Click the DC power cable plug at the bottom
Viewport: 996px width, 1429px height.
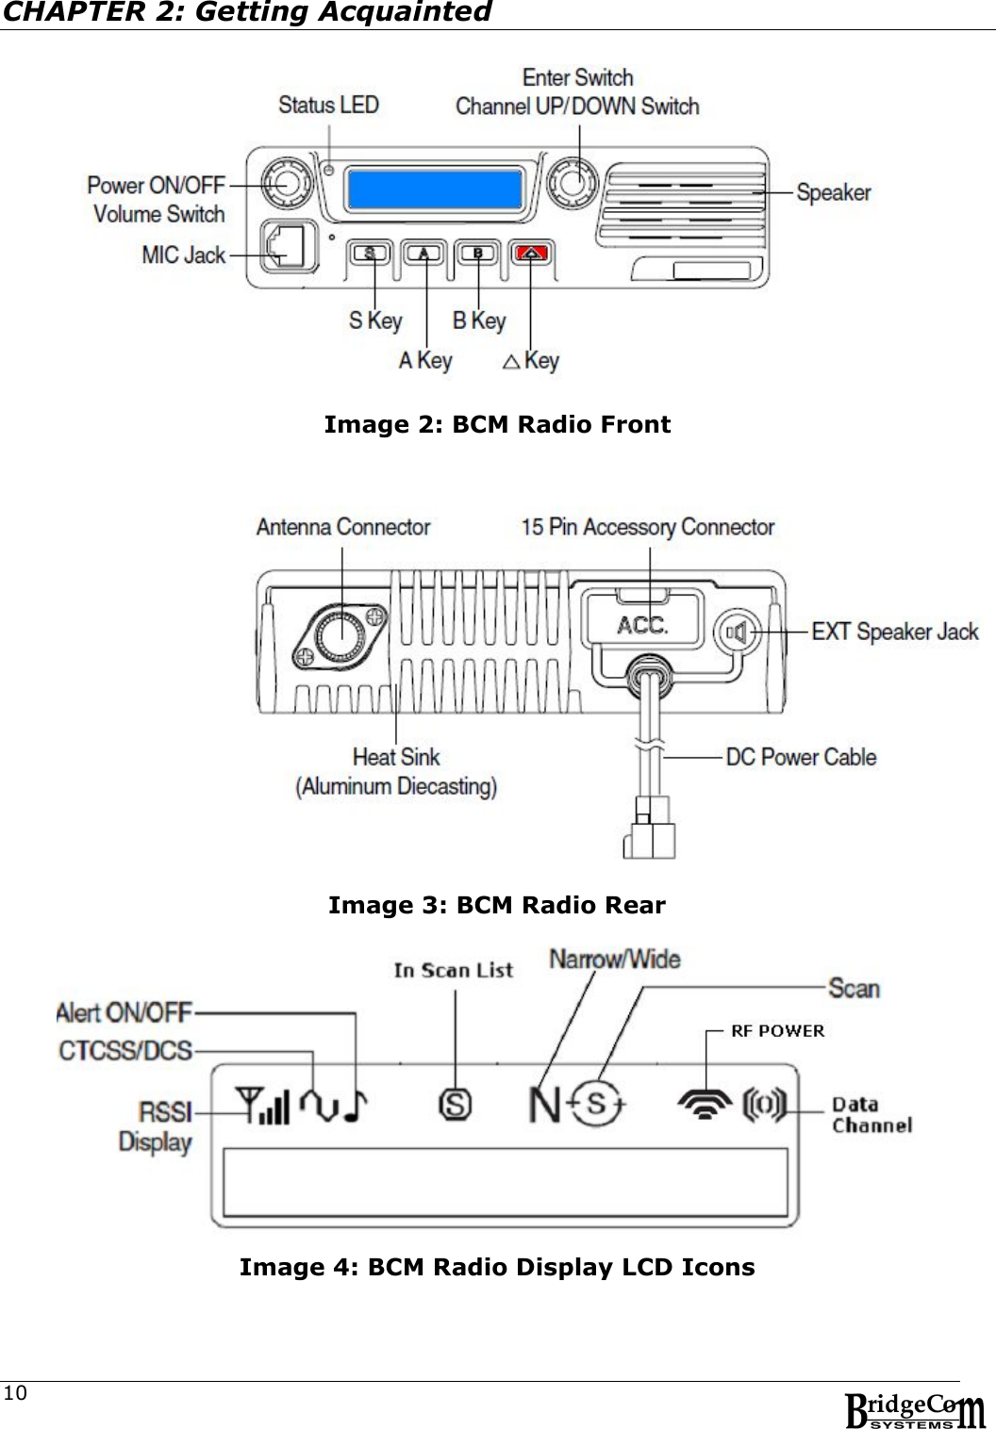[x=649, y=829]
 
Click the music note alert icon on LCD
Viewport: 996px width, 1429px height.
[x=354, y=1107]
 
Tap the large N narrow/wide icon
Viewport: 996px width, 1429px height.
[x=544, y=1104]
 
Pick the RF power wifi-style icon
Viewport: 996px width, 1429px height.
[x=705, y=1104]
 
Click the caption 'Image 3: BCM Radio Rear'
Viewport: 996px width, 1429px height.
[x=497, y=906]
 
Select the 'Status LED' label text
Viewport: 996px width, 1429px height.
[x=328, y=105]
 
